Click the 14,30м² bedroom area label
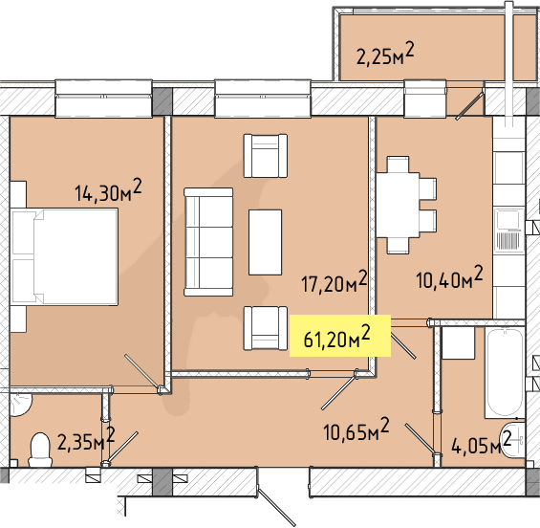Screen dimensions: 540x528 coord(108,190)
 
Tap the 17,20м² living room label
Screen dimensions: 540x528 coord(335,281)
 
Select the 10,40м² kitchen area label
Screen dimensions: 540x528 coord(449,276)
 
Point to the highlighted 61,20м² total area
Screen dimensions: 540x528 coord(336,336)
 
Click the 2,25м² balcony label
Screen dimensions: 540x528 coord(385,54)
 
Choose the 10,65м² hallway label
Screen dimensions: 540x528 coord(356,429)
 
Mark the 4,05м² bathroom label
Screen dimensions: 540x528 coord(481,444)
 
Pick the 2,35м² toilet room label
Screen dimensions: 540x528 coord(86,439)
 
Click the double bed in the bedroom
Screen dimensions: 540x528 coord(64,256)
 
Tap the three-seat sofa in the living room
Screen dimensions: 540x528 coord(208,242)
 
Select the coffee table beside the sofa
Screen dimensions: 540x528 coord(265,242)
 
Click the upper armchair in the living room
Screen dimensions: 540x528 coord(266,156)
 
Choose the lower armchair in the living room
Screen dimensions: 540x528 coord(266,328)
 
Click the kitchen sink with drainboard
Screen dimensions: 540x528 coord(508,231)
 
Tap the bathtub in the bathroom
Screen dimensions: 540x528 coord(505,373)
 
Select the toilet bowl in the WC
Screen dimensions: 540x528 coord(40,450)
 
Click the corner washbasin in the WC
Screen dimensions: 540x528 coord(19,404)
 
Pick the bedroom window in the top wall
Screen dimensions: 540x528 coord(103,99)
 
